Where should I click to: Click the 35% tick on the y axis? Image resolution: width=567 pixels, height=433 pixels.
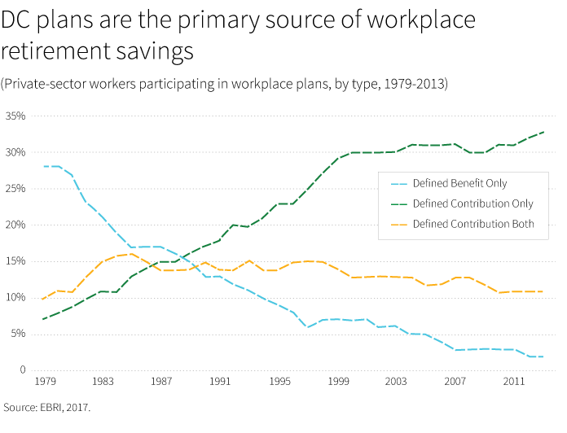tap(15, 116)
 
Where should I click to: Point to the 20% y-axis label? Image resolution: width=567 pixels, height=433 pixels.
tap(15, 225)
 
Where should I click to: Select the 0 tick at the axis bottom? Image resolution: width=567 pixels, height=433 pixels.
tap(22, 370)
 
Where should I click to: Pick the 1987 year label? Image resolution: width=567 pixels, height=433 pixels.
tap(163, 382)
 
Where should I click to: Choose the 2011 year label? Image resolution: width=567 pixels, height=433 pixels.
tap(514, 382)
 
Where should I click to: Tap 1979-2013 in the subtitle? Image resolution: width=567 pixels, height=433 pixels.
tap(415, 84)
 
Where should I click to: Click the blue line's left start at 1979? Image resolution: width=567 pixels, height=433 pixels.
tap(43, 166)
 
